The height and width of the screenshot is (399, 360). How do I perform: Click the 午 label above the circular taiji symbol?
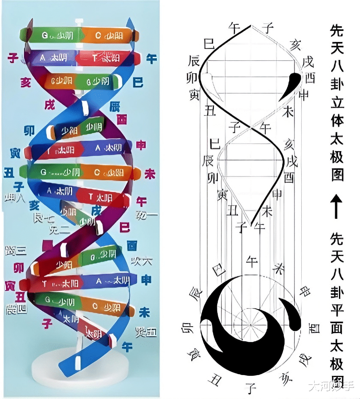[x=252, y=260]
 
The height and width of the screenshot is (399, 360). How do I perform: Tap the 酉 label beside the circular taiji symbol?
[x=315, y=328]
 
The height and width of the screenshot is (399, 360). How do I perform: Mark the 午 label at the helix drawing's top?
[x=234, y=29]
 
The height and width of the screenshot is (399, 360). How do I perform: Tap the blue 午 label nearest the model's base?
[x=127, y=346]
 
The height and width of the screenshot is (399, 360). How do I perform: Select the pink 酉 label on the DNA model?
[x=122, y=120]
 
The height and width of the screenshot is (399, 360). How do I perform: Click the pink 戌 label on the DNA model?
[x=50, y=104]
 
